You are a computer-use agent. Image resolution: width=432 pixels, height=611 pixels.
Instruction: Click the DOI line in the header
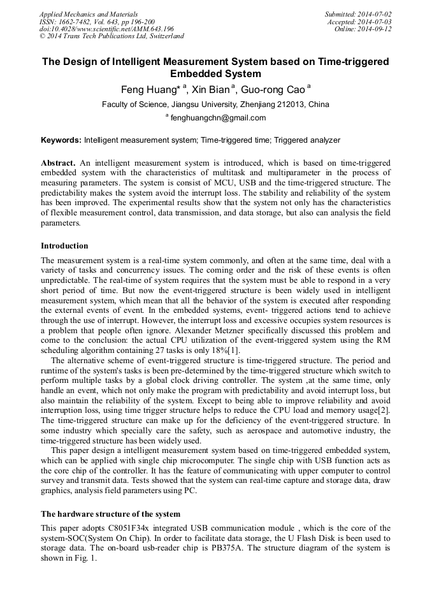106,29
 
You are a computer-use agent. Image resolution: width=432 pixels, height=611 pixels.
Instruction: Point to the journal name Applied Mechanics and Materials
88,14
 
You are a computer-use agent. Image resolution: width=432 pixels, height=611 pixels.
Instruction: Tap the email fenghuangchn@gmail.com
218,118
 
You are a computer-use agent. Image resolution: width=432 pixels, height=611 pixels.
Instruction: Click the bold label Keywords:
61,140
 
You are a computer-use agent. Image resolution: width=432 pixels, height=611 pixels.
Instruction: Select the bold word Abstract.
59,163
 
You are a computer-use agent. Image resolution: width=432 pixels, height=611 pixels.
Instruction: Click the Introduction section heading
64,246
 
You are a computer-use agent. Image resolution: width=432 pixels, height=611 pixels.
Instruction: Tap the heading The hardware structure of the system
110,514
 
